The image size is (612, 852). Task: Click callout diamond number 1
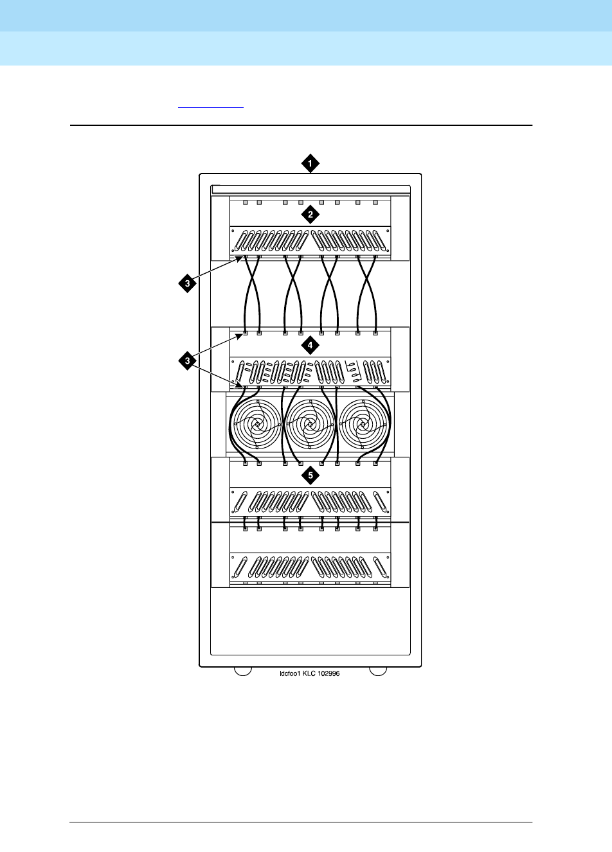310,164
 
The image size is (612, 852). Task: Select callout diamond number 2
310,215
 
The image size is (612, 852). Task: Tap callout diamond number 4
310,345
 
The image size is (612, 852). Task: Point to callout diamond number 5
310,476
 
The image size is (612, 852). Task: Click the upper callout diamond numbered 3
187,283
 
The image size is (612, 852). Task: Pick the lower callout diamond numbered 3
187,362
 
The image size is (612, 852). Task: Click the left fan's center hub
257,425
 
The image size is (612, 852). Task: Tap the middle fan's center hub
310,425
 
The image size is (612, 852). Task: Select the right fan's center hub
364,425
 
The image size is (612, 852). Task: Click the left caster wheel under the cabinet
242,671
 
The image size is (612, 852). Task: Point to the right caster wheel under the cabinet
378,671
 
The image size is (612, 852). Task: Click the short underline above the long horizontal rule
211,108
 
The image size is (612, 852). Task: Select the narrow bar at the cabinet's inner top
310,189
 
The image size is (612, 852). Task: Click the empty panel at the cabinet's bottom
310,620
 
